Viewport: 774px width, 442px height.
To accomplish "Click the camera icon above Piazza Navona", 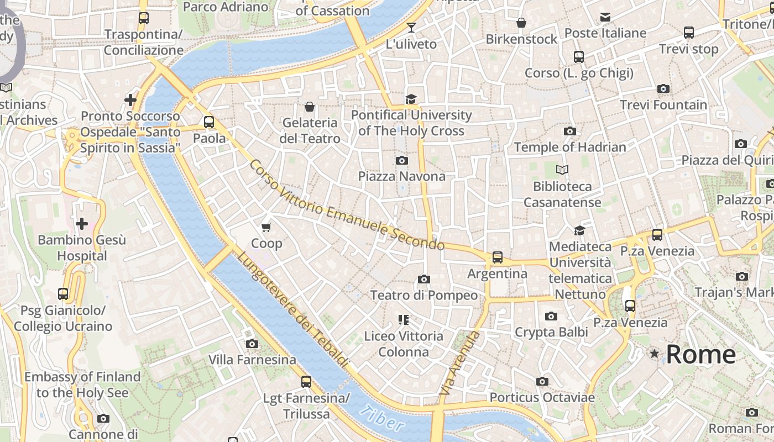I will click(x=402, y=161).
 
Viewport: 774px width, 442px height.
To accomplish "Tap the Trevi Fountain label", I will click(x=663, y=104).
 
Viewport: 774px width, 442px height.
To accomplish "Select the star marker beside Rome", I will click(x=655, y=354).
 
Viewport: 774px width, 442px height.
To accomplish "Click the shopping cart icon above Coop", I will click(x=266, y=228).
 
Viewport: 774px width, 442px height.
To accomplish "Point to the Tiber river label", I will click(x=381, y=418).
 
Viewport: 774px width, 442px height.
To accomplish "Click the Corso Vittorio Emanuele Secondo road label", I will click(x=347, y=205).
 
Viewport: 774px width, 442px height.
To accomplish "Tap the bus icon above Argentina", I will click(x=498, y=257).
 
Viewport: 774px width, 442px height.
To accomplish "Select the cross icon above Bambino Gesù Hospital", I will click(x=82, y=224).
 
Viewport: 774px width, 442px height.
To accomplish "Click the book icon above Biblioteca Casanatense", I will click(x=562, y=170).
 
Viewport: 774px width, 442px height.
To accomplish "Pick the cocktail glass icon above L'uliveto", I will click(x=411, y=28).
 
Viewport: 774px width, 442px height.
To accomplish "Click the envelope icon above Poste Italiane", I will click(x=605, y=17).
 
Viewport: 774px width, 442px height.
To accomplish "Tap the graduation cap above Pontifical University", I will click(x=411, y=99).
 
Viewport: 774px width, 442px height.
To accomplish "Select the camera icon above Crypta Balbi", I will click(x=551, y=316).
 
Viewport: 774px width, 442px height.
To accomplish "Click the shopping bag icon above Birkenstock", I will click(x=521, y=23).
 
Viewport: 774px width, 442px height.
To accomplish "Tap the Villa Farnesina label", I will click(x=252, y=360).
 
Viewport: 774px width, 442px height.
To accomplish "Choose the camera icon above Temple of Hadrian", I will click(x=570, y=131).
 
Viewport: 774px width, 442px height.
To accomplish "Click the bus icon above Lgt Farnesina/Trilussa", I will click(x=306, y=381).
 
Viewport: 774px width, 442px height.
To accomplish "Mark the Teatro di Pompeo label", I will click(x=424, y=295).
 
